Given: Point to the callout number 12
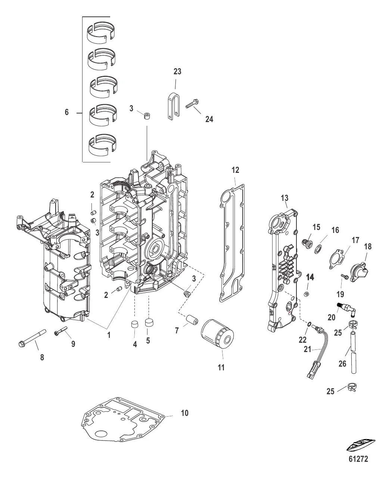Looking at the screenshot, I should tap(235, 170).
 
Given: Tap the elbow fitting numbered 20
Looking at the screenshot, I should tap(346, 308).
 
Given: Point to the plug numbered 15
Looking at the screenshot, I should tap(307, 243).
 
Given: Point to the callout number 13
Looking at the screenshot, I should tap(285, 197).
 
